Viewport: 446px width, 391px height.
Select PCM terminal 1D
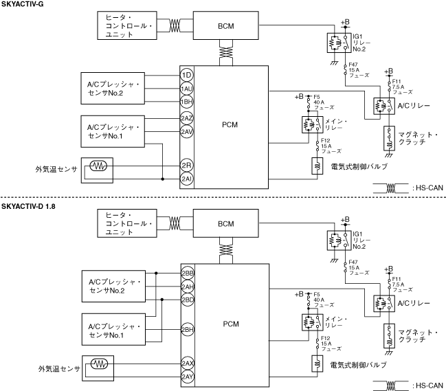[x=186, y=74]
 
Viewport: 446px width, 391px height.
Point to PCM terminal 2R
[x=186, y=166]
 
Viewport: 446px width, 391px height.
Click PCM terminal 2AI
[x=186, y=179]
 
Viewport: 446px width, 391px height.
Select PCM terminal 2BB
[x=188, y=273]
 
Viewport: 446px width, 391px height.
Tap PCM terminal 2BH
[x=188, y=329]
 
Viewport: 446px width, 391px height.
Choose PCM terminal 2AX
[x=188, y=363]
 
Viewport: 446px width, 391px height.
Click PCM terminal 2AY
[x=188, y=376]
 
